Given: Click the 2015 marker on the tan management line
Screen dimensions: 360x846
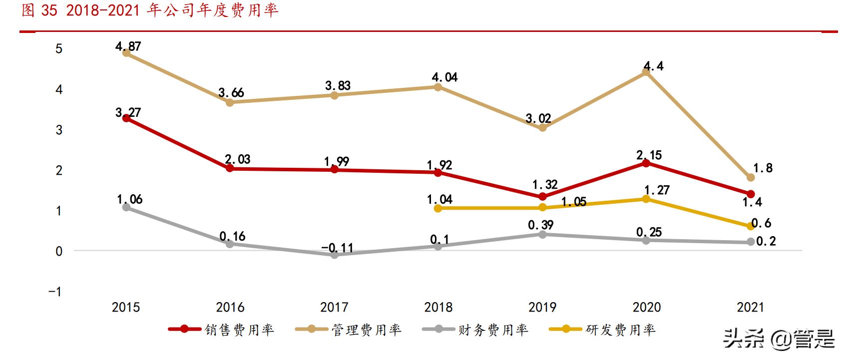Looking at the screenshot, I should (x=126, y=53).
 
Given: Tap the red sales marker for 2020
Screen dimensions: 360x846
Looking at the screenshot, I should (x=646, y=163).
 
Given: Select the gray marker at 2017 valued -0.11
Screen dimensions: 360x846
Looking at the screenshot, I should (x=335, y=255).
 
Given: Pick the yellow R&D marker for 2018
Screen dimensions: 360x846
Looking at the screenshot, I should (x=438, y=208).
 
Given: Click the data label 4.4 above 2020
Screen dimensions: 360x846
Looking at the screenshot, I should (x=653, y=66).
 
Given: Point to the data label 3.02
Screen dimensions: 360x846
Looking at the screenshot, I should (x=538, y=119).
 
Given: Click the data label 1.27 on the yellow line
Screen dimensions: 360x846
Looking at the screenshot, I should (x=657, y=190).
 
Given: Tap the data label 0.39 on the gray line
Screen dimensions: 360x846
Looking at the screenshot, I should (x=540, y=225).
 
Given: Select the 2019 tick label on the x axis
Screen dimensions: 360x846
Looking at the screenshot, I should (x=542, y=307).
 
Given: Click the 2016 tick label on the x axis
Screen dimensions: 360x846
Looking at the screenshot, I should (x=230, y=307).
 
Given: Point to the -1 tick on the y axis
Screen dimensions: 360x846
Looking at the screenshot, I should (x=55, y=291).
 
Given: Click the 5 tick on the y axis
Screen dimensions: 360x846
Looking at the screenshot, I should (x=59, y=49).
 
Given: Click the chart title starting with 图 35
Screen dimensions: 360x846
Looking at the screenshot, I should (x=150, y=10).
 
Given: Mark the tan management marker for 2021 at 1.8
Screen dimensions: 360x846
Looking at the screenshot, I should (x=750, y=177).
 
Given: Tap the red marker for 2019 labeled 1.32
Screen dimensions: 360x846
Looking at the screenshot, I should (x=542, y=196).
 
